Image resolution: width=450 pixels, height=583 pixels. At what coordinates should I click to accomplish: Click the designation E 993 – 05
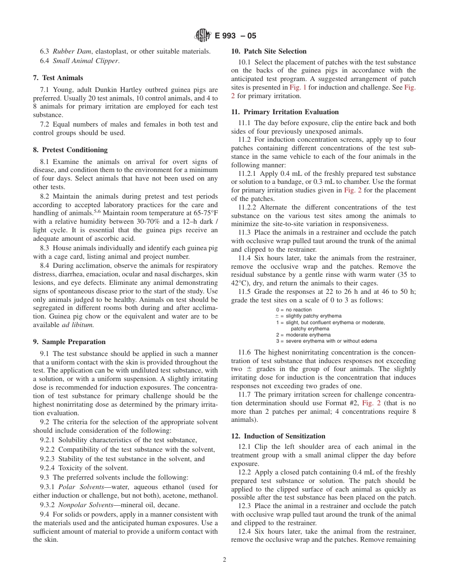(x=235, y=36)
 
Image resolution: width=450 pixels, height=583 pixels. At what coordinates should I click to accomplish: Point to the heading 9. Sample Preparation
(x=69, y=342)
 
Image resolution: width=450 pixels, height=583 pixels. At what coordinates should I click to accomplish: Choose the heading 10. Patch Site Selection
(x=269, y=51)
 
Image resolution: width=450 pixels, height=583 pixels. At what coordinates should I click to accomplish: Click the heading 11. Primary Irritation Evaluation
(x=285, y=112)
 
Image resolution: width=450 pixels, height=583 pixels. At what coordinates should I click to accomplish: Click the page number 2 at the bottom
(x=225, y=559)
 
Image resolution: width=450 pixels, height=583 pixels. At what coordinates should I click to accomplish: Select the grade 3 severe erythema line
(x=326, y=341)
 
